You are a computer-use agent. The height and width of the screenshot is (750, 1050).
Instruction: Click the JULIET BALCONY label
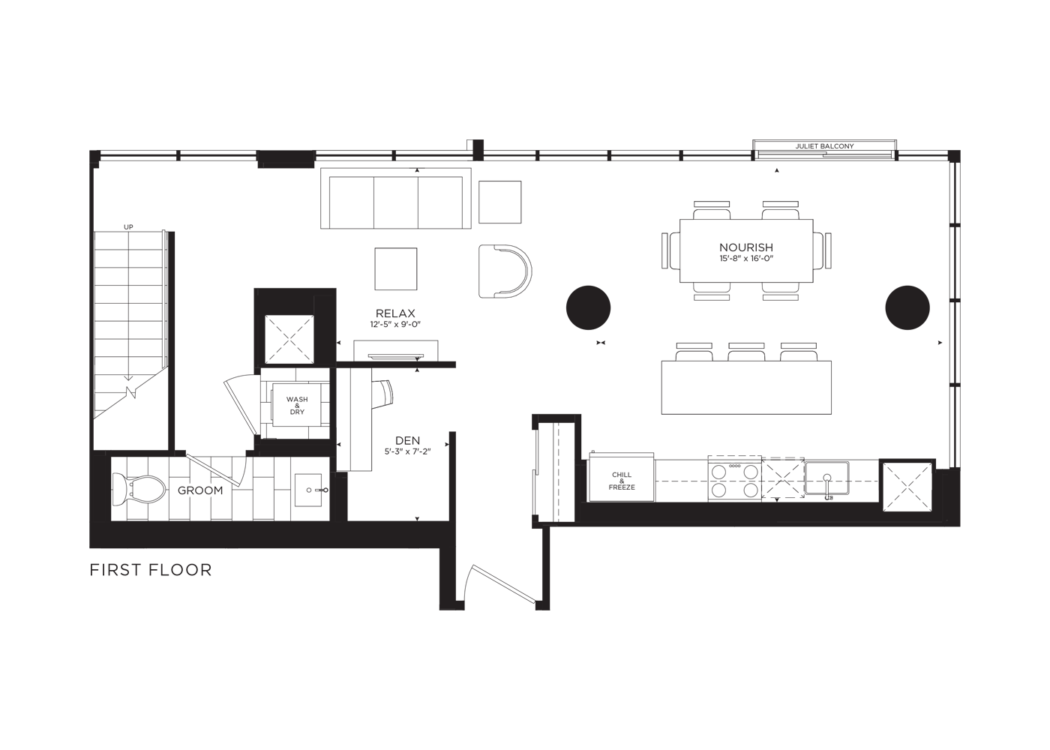pyautogui.click(x=824, y=146)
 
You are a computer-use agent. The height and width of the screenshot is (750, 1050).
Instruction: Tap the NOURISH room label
pyautogui.click(x=745, y=247)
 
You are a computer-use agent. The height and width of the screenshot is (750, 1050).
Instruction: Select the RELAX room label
pyautogui.click(x=395, y=313)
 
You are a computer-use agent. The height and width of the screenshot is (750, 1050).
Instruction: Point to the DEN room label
pyautogui.click(x=407, y=441)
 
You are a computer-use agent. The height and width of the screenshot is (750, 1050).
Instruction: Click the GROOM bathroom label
pyautogui.click(x=200, y=490)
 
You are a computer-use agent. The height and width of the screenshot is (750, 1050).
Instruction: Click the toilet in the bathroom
pyautogui.click(x=138, y=490)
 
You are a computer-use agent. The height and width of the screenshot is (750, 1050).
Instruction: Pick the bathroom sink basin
pyautogui.click(x=308, y=490)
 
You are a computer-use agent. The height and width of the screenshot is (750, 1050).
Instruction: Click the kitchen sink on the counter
pyautogui.click(x=826, y=478)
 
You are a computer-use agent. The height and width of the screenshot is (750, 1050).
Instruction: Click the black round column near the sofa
pyautogui.click(x=588, y=308)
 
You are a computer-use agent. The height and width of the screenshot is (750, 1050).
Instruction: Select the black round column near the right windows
pyautogui.click(x=907, y=307)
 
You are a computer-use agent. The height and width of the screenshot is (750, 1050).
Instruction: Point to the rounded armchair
pyautogui.click(x=505, y=271)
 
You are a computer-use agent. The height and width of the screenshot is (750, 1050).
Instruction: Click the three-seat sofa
pyautogui.click(x=396, y=198)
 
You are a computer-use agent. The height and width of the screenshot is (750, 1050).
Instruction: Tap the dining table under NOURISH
pyautogui.click(x=746, y=250)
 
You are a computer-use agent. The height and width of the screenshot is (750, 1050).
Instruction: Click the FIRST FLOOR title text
pyautogui.click(x=151, y=570)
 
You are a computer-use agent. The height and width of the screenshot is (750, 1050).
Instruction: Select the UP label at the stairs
pyautogui.click(x=128, y=226)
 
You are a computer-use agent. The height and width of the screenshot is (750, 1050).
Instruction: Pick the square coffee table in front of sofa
pyautogui.click(x=396, y=268)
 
